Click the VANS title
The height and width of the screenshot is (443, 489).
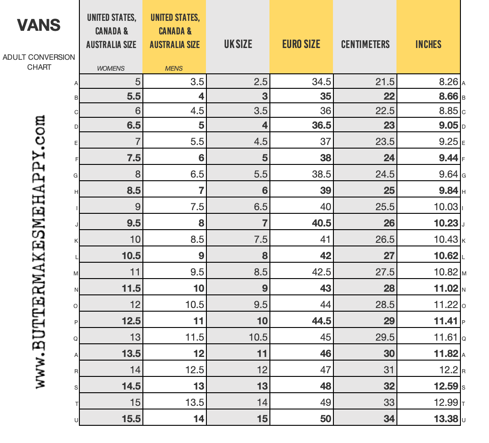[39, 25]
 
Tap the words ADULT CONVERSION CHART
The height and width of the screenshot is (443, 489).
[39, 62]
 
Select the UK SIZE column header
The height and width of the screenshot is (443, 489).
[238, 44]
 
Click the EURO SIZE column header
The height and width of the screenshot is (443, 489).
[301, 44]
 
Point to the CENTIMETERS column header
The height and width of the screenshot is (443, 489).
[365, 44]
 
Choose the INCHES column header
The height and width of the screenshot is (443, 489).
[428, 44]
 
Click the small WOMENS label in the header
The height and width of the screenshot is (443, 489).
[111, 69]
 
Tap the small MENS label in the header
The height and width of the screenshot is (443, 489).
[174, 69]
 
